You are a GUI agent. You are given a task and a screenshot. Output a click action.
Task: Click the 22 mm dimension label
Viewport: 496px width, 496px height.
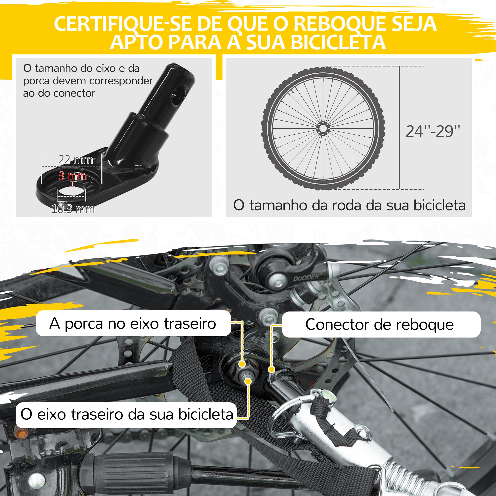pos(75,160)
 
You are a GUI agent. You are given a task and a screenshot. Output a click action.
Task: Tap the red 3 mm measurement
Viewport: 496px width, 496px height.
pos(72,176)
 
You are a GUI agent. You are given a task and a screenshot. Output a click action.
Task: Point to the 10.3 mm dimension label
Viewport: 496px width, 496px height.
pos(73,209)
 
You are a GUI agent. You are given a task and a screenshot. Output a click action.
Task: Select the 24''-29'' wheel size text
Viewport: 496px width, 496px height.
pos(433,131)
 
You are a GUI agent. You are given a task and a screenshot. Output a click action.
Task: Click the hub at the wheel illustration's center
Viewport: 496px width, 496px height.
pos(323,128)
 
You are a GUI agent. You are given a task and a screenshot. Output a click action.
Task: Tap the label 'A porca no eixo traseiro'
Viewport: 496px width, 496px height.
pos(133,323)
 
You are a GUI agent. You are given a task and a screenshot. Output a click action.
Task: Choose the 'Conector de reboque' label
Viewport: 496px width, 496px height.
pos(379,324)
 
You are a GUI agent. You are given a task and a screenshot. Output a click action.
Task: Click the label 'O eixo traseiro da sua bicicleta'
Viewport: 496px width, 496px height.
pos(127,414)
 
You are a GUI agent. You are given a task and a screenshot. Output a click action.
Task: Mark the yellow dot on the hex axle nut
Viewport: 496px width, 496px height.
pos(242,364)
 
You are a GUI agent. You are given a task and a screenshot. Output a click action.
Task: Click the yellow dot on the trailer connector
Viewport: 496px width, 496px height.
pos(271,370)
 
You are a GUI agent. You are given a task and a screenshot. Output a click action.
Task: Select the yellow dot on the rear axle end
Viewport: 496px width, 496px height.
pos(248,381)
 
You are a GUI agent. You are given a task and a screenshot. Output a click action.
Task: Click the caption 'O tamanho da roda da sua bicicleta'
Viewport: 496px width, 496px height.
pos(349,205)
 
